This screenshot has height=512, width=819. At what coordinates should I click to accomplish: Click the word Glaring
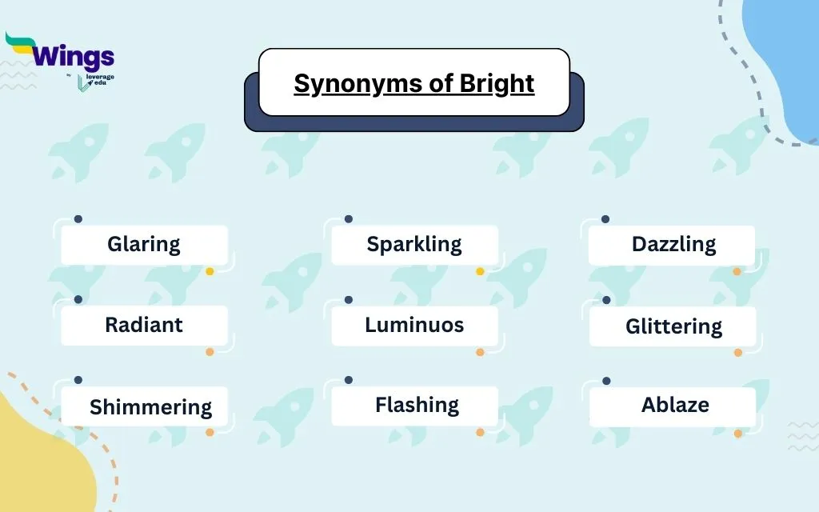(x=144, y=245)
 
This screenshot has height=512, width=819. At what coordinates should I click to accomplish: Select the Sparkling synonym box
(x=415, y=245)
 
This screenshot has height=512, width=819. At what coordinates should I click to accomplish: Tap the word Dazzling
(x=673, y=245)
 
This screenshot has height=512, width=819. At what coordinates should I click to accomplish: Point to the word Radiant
(x=144, y=325)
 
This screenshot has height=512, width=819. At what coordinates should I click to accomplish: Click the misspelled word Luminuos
(x=414, y=325)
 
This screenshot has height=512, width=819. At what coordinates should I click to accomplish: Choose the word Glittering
(x=673, y=327)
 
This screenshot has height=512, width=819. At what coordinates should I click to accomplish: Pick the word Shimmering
(x=151, y=407)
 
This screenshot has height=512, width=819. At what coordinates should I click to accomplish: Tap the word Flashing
(x=417, y=406)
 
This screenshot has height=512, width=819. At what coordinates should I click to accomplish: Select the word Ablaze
(x=675, y=405)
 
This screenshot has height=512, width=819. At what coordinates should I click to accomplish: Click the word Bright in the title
(x=497, y=83)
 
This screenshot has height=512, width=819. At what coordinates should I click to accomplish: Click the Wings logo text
(x=73, y=57)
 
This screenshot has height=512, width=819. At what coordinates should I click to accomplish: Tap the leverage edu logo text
(x=99, y=80)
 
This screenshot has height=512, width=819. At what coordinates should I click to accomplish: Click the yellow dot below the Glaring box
(x=210, y=271)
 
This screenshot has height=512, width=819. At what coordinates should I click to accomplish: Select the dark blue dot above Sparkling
(x=349, y=219)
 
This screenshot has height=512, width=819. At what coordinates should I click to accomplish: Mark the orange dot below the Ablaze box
(x=738, y=433)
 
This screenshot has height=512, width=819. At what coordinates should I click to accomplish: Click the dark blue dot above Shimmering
(x=78, y=380)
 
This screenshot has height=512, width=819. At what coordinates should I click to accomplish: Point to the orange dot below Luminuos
(x=480, y=352)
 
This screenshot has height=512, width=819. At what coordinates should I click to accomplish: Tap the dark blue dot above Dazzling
(x=605, y=219)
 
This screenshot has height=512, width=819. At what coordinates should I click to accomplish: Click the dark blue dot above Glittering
(x=606, y=300)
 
